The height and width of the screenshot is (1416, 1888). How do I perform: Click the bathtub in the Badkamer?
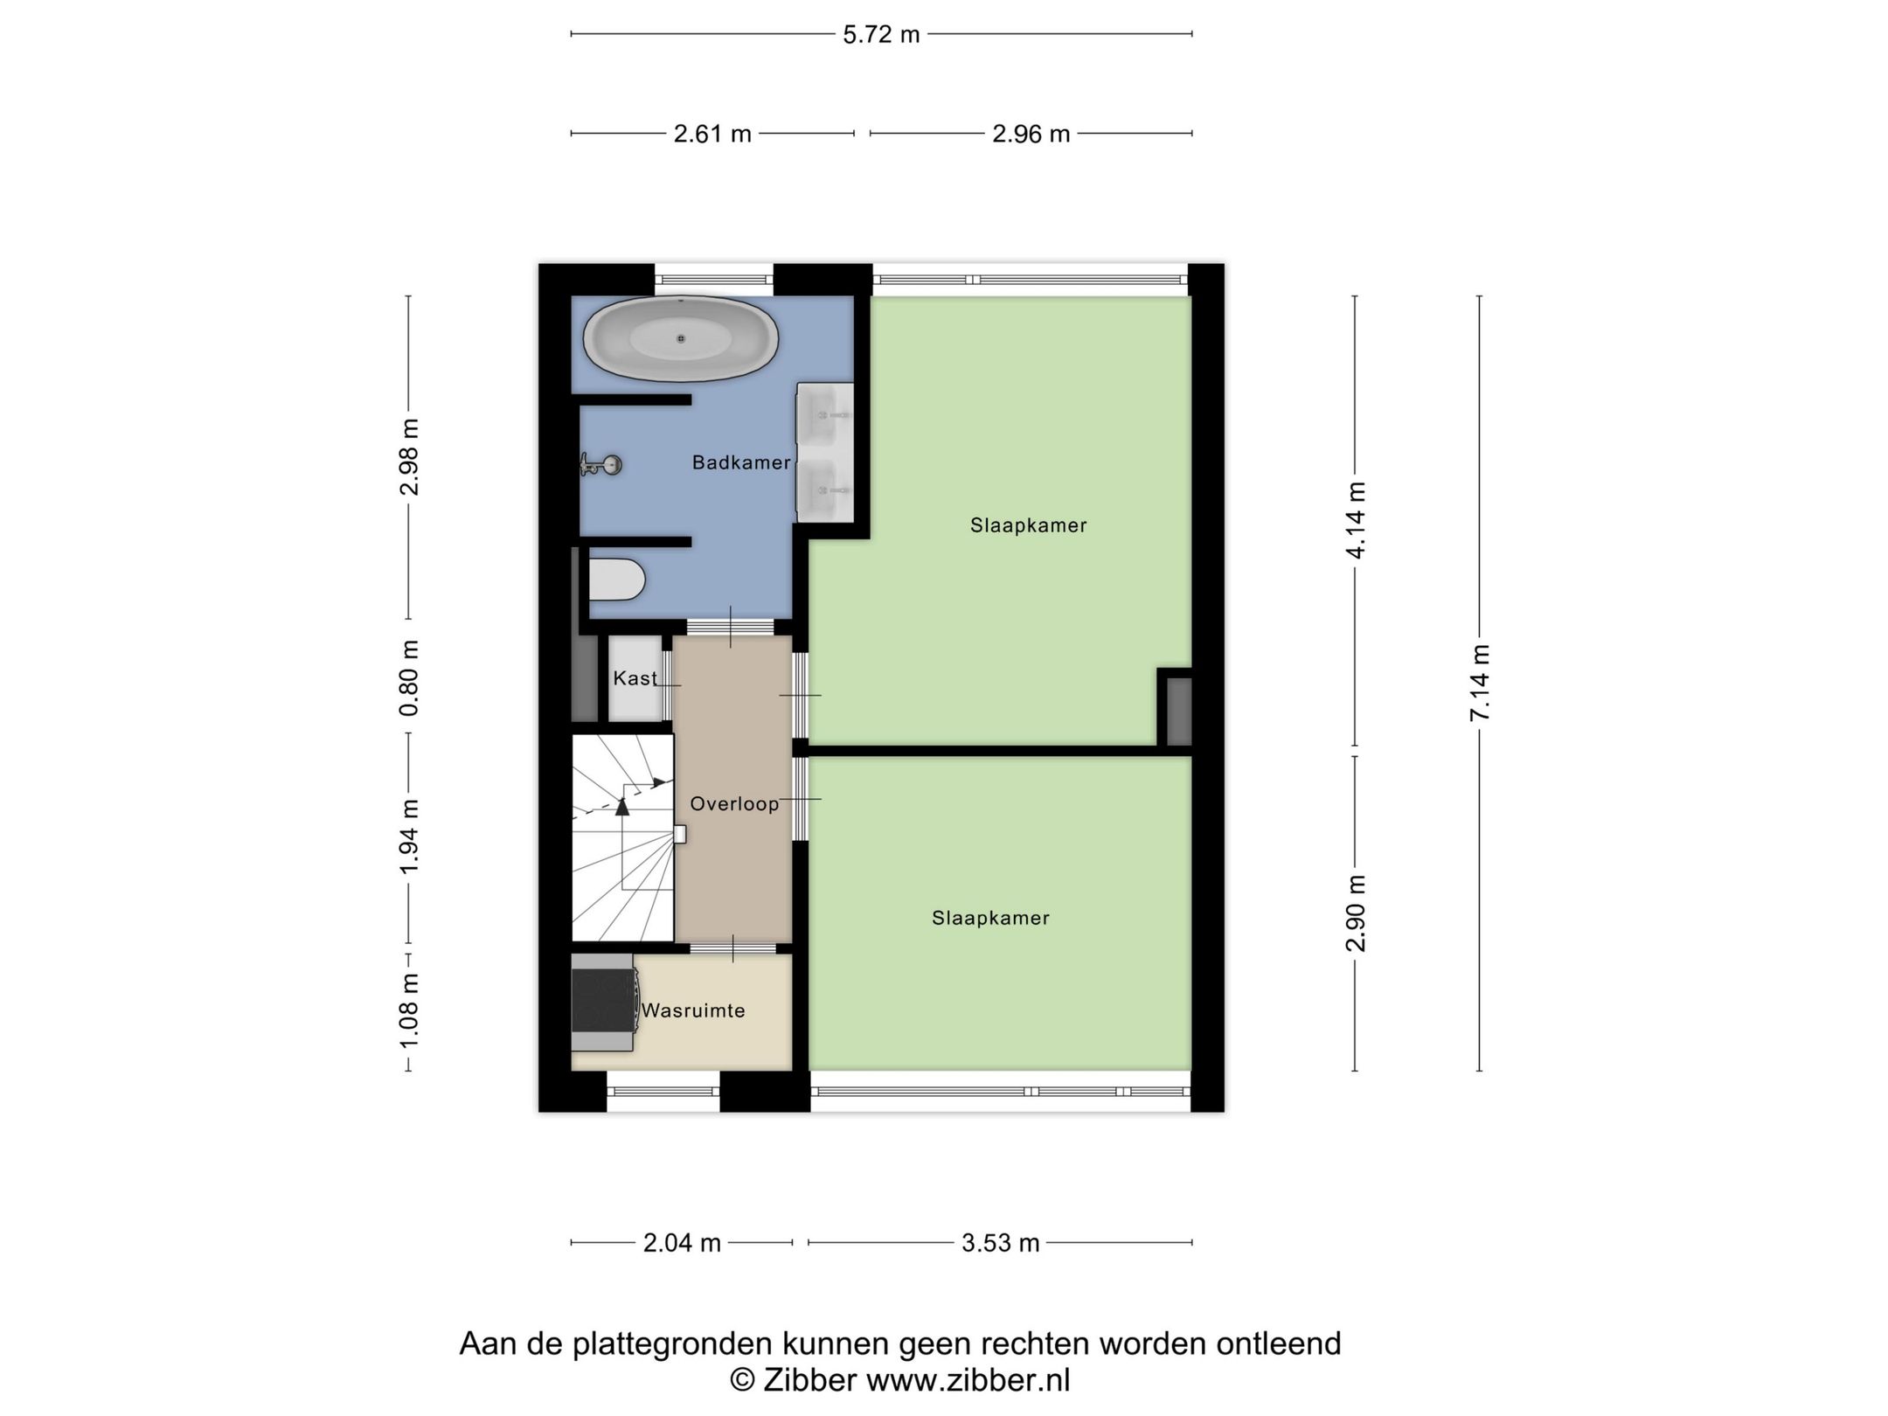tap(680, 339)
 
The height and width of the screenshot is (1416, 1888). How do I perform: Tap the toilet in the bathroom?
tap(616, 580)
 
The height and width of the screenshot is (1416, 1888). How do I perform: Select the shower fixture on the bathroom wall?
tap(601, 465)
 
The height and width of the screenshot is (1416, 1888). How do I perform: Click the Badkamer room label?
tap(741, 462)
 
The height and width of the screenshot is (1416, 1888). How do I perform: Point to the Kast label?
tap(635, 678)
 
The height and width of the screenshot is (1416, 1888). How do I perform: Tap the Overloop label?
tap(734, 804)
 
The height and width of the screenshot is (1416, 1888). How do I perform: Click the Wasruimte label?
tap(693, 1010)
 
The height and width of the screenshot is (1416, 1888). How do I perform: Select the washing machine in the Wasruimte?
tap(603, 1003)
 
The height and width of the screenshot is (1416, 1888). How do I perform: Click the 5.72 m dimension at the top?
tap(881, 34)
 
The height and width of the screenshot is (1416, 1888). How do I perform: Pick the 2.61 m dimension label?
tap(712, 134)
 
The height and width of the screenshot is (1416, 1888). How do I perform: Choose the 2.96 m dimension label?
tap(1031, 134)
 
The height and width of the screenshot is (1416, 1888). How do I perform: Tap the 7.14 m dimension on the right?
tap(1479, 683)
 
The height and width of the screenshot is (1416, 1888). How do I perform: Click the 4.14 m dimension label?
tap(1355, 520)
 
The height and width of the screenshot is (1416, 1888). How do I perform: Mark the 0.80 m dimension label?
tap(409, 677)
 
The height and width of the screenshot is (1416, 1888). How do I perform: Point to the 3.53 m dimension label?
tap(1000, 1243)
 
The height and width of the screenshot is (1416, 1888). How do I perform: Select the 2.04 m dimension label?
tap(682, 1243)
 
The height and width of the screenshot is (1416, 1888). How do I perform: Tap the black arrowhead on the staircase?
tap(622, 807)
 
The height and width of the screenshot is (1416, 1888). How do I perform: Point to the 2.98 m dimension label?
tap(409, 457)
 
